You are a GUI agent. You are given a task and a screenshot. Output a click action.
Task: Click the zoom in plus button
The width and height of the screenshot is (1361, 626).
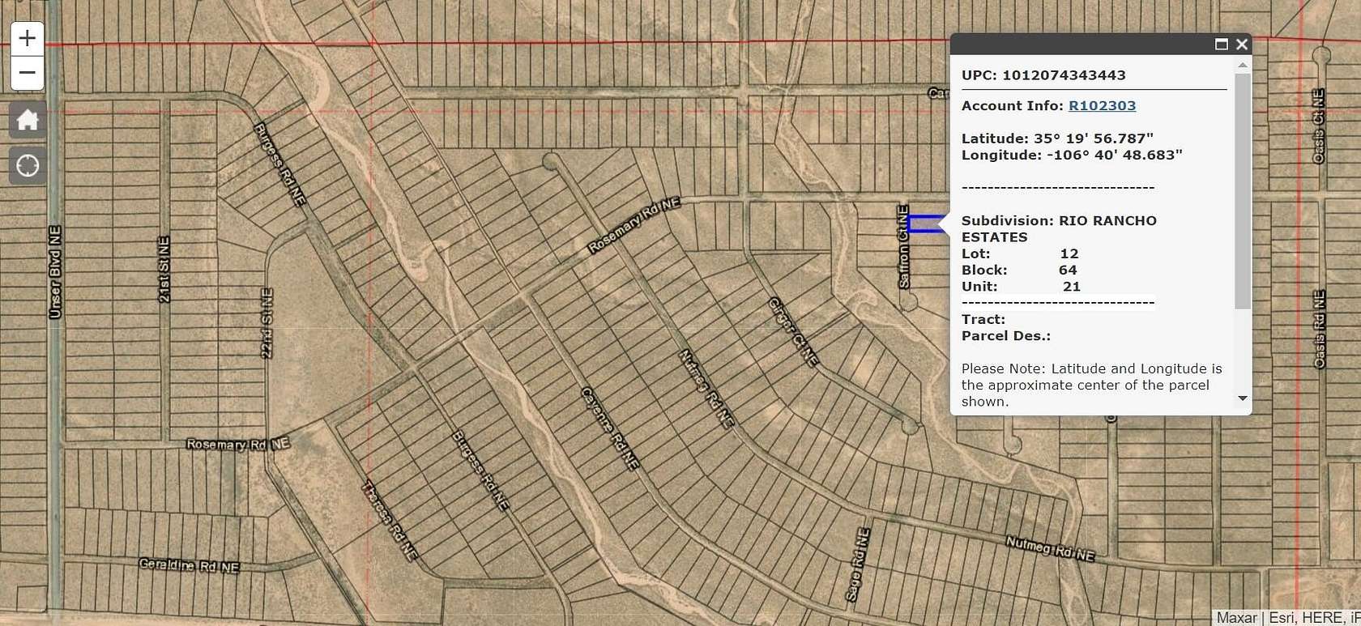coord(27,38)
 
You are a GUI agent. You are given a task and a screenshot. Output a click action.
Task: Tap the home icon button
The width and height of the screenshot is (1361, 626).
coord(28,121)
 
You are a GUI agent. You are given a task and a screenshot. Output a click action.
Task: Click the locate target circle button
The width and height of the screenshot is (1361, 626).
coord(28,166)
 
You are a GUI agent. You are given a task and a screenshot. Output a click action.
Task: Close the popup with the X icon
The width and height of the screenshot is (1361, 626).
coord(1242,45)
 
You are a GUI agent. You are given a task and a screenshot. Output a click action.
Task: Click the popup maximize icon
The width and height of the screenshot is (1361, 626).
coord(1222,45)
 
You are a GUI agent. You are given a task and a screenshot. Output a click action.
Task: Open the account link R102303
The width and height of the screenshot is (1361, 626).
coord(1102,106)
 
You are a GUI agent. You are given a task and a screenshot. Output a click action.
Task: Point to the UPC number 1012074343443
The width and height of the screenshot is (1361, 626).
coord(1064,75)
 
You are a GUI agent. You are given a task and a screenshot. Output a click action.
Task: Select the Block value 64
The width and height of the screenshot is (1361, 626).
coord(1068,270)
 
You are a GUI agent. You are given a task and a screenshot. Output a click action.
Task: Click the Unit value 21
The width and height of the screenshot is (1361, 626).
coord(1072,287)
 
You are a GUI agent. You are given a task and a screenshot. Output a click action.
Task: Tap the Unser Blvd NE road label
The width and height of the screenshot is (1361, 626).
coord(55,272)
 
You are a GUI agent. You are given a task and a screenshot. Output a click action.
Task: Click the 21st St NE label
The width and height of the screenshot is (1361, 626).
coord(164,270)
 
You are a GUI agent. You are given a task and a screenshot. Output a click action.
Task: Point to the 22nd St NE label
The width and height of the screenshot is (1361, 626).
coord(267,322)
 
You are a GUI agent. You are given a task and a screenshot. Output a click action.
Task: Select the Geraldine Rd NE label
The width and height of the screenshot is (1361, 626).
coord(189,565)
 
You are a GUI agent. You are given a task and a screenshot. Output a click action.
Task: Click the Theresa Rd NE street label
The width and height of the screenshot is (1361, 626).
coord(390,521)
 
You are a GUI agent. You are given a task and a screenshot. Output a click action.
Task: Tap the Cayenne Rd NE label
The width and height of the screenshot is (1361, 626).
coord(610,428)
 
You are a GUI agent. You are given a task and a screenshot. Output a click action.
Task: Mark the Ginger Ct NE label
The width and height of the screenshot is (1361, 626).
coord(793,332)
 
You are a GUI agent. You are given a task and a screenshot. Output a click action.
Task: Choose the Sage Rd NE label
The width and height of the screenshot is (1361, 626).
coord(858,565)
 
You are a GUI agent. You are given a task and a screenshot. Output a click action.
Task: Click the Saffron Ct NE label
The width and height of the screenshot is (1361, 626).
coord(903,247)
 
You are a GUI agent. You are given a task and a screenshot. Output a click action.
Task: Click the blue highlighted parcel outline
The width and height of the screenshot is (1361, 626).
coord(926,224)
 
